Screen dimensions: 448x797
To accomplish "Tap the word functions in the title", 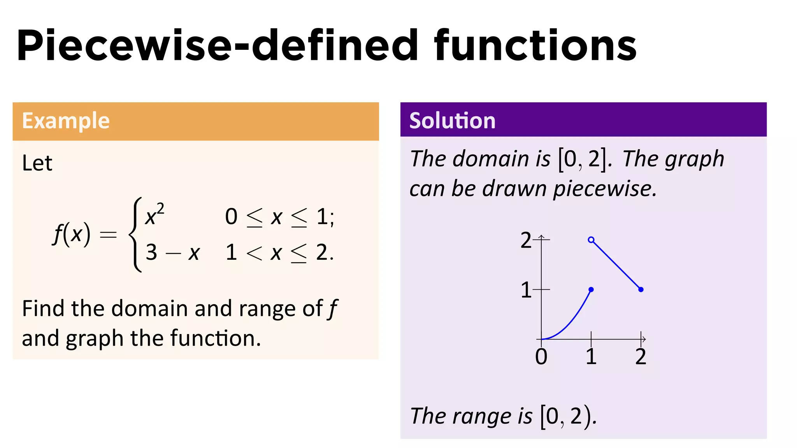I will (535, 46).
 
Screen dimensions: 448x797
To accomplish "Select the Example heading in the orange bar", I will (66, 121).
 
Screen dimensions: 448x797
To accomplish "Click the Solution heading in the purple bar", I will (452, 121).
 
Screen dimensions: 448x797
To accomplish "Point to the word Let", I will (37, 163).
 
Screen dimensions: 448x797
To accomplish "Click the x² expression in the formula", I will (154, 215).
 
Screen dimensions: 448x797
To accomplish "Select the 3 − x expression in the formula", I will (172, 253).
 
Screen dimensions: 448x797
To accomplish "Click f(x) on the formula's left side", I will (72, 234).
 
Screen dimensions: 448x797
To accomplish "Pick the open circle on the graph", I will (591, 240).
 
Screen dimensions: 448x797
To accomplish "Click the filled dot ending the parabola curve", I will (591, 289).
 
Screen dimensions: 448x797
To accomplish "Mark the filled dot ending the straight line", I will (641, 289).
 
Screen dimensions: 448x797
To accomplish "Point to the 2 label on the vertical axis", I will (526, 240).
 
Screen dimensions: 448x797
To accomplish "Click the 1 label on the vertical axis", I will (526, 290).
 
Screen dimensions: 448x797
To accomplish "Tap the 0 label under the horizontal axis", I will (541, 356).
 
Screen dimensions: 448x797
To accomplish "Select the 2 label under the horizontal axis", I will (641, 356).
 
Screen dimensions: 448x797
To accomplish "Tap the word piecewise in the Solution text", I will (604, 189).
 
